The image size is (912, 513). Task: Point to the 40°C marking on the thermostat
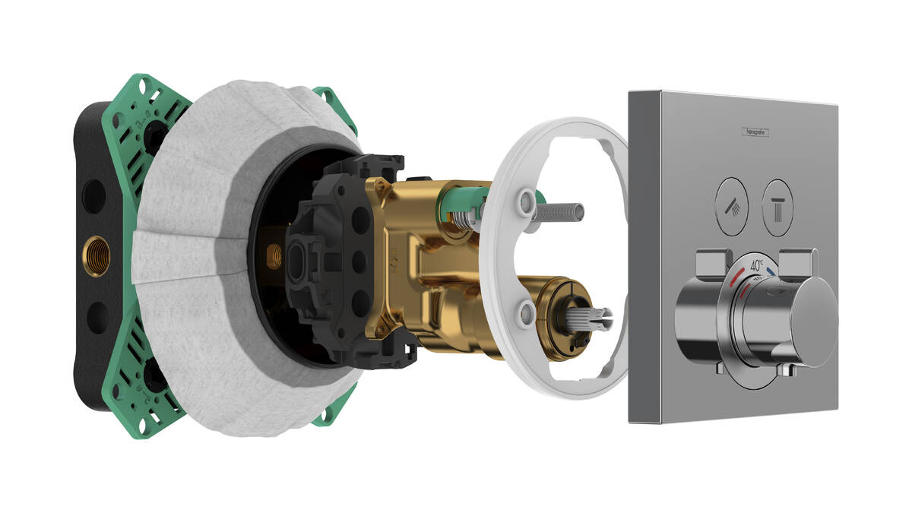[758, 267]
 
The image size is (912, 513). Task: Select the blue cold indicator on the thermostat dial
[773, 271]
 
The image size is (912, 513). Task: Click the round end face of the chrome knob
[812, 312]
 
